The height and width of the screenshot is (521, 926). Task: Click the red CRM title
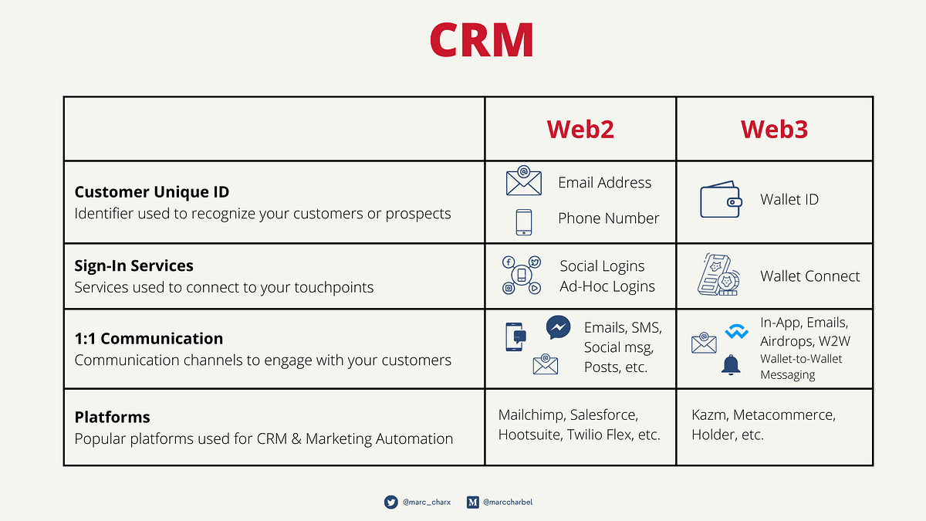coord(482,39)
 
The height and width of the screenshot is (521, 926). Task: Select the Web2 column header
coord(580,129)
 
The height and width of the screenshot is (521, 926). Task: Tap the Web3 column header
coord(774,129)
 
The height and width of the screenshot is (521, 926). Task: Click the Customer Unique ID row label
coord(152,192)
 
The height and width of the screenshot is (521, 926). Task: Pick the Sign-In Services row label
coord(134,266)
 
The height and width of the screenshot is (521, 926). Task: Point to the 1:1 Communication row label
coord(149,338)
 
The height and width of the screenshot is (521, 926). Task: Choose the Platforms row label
coord(112,417)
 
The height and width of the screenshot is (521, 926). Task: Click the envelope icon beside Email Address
coord(523,182)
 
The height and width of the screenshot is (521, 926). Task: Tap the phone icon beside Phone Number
coord(523,222)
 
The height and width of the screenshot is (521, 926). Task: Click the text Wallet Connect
coord(809,276)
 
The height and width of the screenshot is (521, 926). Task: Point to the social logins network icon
coord(522,276)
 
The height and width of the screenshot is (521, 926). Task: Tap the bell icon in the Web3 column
coord(731,365)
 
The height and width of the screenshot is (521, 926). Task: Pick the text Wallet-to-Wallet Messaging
coord(801,367)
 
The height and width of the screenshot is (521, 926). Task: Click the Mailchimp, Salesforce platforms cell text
coord(580,425)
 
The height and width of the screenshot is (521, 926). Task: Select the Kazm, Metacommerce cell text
coord(763,425)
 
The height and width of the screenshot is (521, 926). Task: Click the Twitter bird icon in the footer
coord(391,502)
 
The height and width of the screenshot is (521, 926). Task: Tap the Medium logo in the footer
coord(473,502)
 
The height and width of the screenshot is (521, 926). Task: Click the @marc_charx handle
coord(425,502)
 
